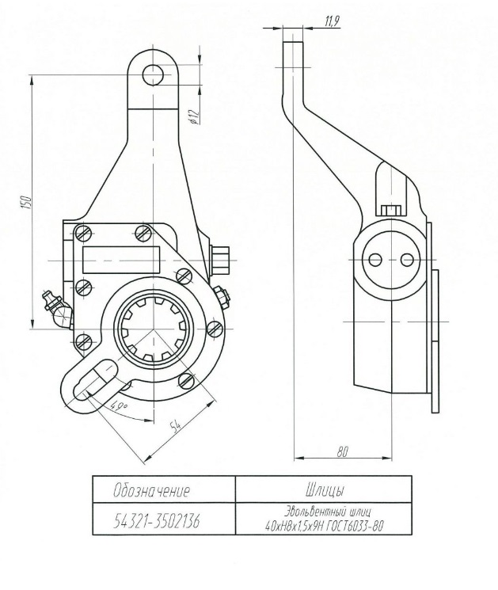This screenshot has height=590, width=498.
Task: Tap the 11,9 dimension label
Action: tap(332, 21)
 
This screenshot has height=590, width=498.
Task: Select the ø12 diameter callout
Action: tap(194, 116)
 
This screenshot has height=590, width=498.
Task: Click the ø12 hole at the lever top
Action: tap(153, 75)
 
